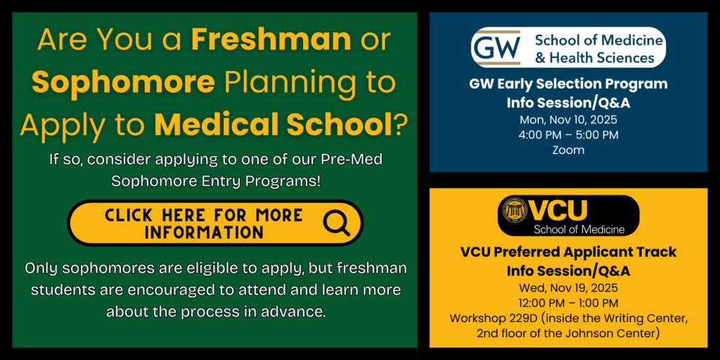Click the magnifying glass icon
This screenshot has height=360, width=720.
tap(336, 223)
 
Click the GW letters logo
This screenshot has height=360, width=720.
tap(497, 47)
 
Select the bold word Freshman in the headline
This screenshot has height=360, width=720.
tap(271, 40)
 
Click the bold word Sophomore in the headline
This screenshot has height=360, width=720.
tap(124, 82)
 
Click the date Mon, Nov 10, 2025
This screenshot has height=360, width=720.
tap(568, 120)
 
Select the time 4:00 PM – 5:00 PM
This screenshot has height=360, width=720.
tap(568, 135)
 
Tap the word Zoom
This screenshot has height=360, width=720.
tap(568, 150)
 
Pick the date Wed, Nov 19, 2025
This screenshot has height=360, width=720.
tap(568, 288)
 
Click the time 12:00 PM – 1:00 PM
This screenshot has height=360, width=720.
tap(568, 303)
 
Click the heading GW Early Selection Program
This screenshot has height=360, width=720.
tap(568, 84)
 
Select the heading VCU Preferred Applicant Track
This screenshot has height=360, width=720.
tap(568, 252)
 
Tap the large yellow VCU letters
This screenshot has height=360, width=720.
tap(559, 210)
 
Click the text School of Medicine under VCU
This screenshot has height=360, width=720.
tap(579, 229)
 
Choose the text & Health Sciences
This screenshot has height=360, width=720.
tap(594, 58)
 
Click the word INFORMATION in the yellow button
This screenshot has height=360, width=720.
tap(205, 232)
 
